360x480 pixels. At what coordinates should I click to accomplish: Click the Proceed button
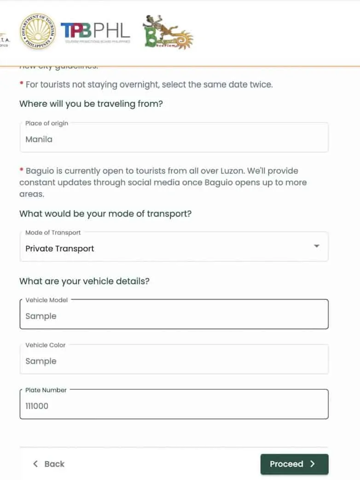tap(294, 464)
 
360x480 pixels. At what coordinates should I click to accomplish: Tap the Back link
tap(49, 464)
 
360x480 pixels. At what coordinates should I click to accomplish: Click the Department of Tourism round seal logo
tap(37, 31)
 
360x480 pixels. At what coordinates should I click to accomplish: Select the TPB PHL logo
tap(95, 31)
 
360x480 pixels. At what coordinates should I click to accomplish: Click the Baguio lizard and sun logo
tap(168, 33)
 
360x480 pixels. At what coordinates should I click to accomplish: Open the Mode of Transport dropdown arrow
tap(316, 246)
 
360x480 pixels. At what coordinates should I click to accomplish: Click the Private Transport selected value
tap(60, 249)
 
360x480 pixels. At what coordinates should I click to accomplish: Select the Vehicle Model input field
tap(174, 316)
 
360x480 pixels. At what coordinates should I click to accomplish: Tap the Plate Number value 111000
tap(37, 406)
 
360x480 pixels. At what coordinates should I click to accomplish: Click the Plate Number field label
tap(46, 390)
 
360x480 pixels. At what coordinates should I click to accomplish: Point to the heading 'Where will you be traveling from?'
tap(91, 104)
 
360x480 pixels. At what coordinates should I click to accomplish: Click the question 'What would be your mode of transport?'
tap(105, 214)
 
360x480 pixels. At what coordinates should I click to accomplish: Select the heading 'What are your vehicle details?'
tap(84, 281)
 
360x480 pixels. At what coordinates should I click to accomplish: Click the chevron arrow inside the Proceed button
tap(313, 464)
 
